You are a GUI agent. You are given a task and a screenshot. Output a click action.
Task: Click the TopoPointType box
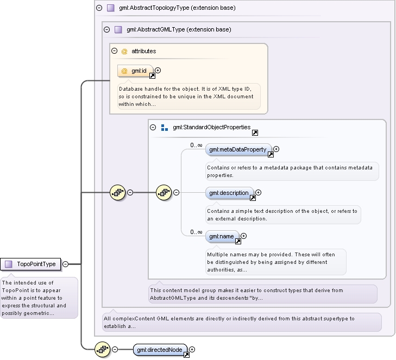coord(30,264)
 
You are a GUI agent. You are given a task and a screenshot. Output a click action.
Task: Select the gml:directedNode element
coord(160,350)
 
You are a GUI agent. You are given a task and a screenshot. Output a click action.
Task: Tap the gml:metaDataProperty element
coord(238,149)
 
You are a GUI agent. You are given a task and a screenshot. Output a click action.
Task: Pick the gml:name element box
coord(222,236)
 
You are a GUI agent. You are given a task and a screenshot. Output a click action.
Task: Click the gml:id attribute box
coord(135,71)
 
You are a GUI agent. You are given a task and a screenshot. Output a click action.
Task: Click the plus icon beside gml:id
coord(158,71)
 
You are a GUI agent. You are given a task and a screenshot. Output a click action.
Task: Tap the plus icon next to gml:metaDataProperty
coord(276,149)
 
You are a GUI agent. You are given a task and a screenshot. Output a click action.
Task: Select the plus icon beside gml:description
coord(258,193)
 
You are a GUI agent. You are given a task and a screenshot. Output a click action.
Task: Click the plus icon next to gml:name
coord(243,236)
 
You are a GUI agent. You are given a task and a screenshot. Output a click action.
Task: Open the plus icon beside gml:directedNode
coord(192,349)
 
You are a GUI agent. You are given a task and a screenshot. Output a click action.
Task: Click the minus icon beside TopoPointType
coord(65,264)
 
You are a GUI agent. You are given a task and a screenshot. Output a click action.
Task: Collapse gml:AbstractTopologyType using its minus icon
coord(99,8)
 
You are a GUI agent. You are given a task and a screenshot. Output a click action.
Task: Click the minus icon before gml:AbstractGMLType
coord(107,29)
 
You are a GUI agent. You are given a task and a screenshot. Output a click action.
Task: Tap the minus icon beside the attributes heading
coord(115,51)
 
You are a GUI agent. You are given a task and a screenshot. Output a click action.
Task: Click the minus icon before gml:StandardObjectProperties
coord(153,127)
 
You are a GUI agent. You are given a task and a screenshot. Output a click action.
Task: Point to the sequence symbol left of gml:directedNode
coord(103,350)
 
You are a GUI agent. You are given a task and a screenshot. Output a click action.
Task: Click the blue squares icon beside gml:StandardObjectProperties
coord(165,128)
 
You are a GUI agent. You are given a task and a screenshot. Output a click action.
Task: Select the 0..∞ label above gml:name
coord(196,232)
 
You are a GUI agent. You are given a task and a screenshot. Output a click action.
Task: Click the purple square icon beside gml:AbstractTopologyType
coord(111,8)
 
